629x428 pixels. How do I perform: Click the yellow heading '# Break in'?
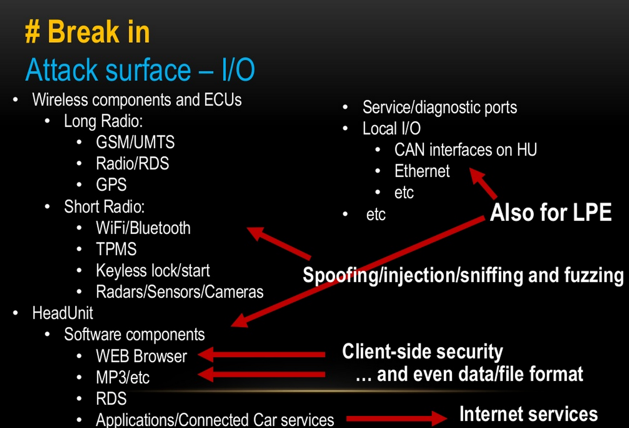(x=88, y=32)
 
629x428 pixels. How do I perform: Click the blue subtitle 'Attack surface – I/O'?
(x=140, y=70)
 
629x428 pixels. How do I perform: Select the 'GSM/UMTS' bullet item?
(x=135, y=142)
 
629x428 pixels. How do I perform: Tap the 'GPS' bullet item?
(x=111, y=185)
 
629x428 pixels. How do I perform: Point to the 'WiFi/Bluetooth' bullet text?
(x=143, y=228)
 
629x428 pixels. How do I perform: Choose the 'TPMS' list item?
(x=116, y=249)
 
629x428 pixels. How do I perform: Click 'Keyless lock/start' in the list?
(x=152, y=271)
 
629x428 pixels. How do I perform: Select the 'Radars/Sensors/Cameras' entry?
(x=179, y=292)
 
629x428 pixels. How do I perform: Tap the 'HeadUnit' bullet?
(x=63, y=313)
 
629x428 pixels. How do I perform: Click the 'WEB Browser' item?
(x=141, y=356)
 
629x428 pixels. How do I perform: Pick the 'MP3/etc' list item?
(x=123, y=378)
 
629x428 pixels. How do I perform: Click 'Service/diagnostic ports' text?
(x=439, y=107)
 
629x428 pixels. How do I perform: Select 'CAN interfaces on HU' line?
(x=465, y=150)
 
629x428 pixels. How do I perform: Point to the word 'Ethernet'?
(x=422, y=171)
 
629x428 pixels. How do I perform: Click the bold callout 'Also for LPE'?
(x=550, y=212)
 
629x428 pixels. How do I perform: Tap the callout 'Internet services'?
(x=528, y=414)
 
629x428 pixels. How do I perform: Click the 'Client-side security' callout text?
(x=422, y=351)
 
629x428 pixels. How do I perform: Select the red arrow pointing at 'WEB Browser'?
(x=262, y=355)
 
